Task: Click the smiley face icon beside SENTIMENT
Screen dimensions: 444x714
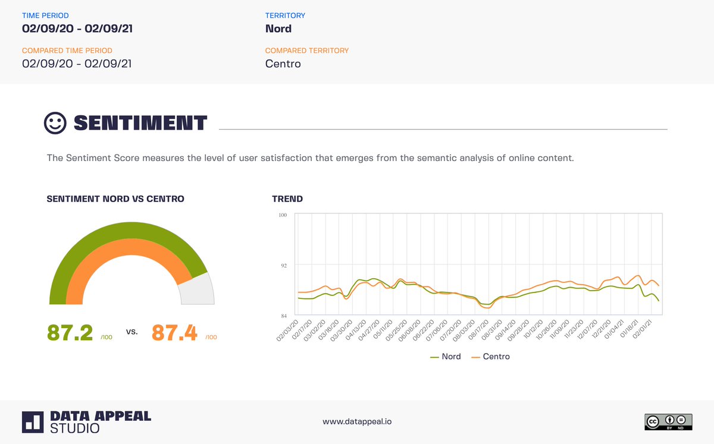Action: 55,123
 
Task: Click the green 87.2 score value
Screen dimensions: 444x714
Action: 70,333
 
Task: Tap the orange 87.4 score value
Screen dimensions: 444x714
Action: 174,333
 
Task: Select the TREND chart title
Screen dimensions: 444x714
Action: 287,199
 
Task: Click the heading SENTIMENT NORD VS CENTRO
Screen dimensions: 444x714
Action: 115,199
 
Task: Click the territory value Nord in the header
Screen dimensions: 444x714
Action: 278,29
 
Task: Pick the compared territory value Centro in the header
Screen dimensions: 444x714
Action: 283,64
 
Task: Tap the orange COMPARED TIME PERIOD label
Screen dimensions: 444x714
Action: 67,51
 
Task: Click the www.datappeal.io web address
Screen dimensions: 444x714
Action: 357,421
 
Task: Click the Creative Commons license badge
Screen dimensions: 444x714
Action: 668,421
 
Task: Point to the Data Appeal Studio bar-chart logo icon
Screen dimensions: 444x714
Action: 33,421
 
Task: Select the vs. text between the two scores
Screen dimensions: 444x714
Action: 132,332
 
